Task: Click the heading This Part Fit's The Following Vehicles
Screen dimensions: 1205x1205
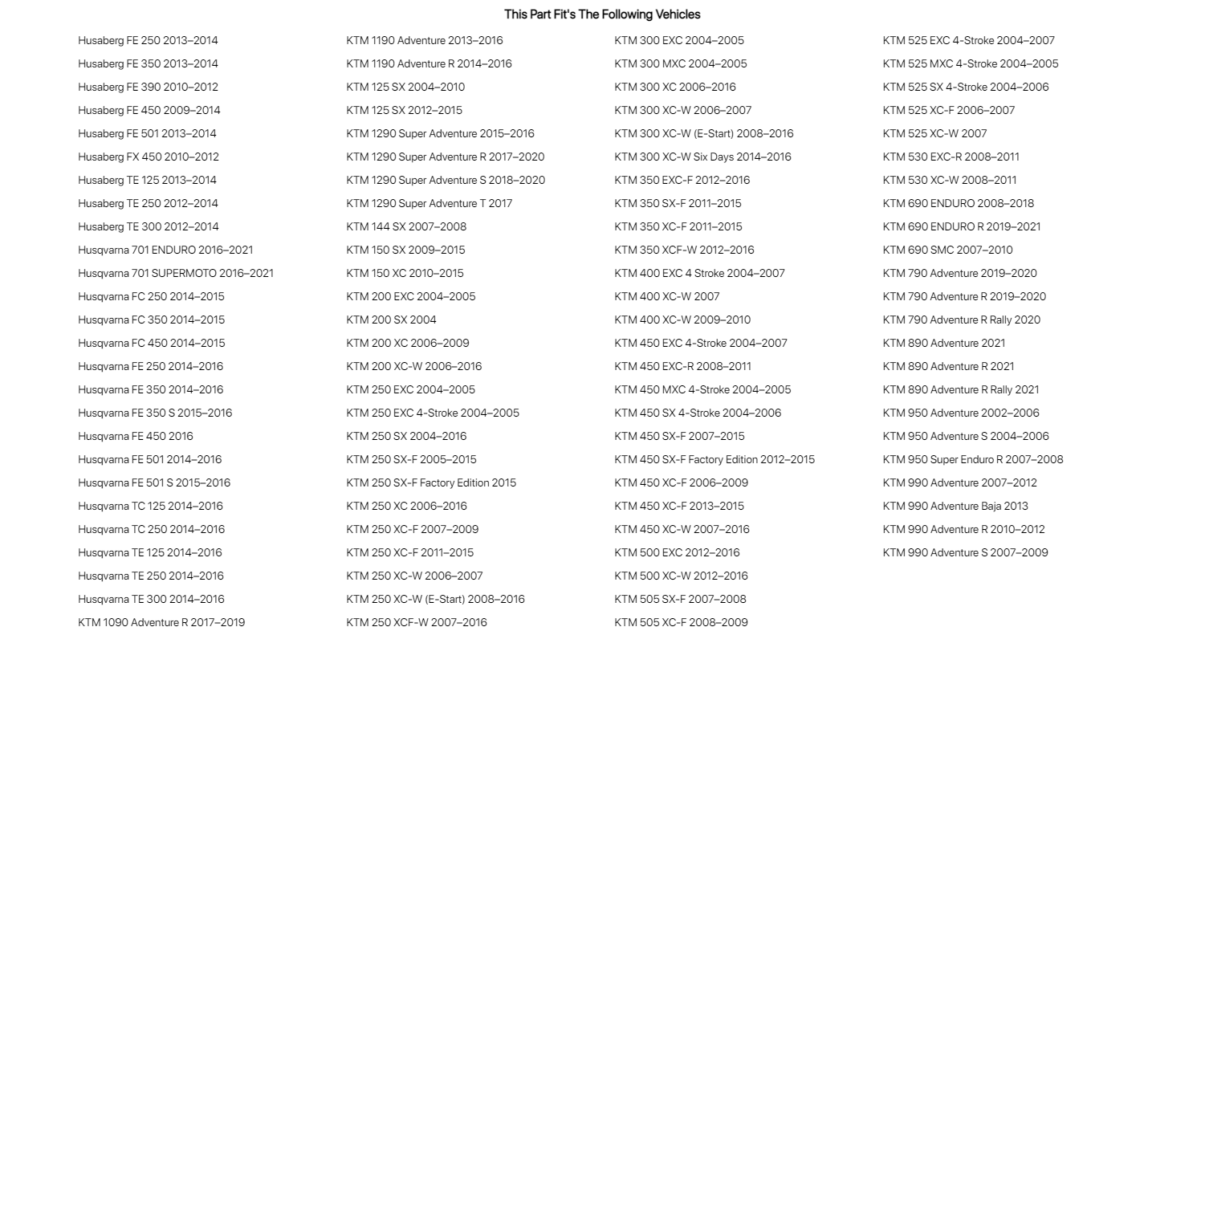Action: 602,14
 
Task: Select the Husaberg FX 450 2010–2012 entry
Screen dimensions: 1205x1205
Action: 149,157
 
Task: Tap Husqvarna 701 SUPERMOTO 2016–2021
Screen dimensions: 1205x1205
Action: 176,273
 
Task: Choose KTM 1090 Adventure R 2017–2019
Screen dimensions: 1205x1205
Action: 161,622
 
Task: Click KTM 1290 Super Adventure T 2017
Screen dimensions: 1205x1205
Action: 429,203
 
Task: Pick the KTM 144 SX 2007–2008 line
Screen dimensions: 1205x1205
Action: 406,226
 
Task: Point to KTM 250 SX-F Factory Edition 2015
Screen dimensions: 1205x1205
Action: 431,482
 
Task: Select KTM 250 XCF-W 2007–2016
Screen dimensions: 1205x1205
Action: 417,622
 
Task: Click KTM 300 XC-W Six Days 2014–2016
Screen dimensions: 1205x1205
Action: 702,157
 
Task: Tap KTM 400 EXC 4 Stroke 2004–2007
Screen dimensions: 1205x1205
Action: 699,273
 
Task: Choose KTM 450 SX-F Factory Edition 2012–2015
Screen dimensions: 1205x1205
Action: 714,459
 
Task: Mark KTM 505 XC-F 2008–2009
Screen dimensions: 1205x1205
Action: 681,622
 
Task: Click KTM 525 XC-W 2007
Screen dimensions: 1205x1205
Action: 934,133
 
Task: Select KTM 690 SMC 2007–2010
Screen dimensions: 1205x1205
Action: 947,250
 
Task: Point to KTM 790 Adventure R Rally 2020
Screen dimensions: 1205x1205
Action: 961,320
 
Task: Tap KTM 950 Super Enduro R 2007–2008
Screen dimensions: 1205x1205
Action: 973,459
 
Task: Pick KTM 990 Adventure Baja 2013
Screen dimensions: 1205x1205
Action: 955,506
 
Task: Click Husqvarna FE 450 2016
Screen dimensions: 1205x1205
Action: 136,436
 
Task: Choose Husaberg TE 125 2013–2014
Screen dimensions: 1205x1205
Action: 147,180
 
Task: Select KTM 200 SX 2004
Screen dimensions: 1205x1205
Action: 391,320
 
